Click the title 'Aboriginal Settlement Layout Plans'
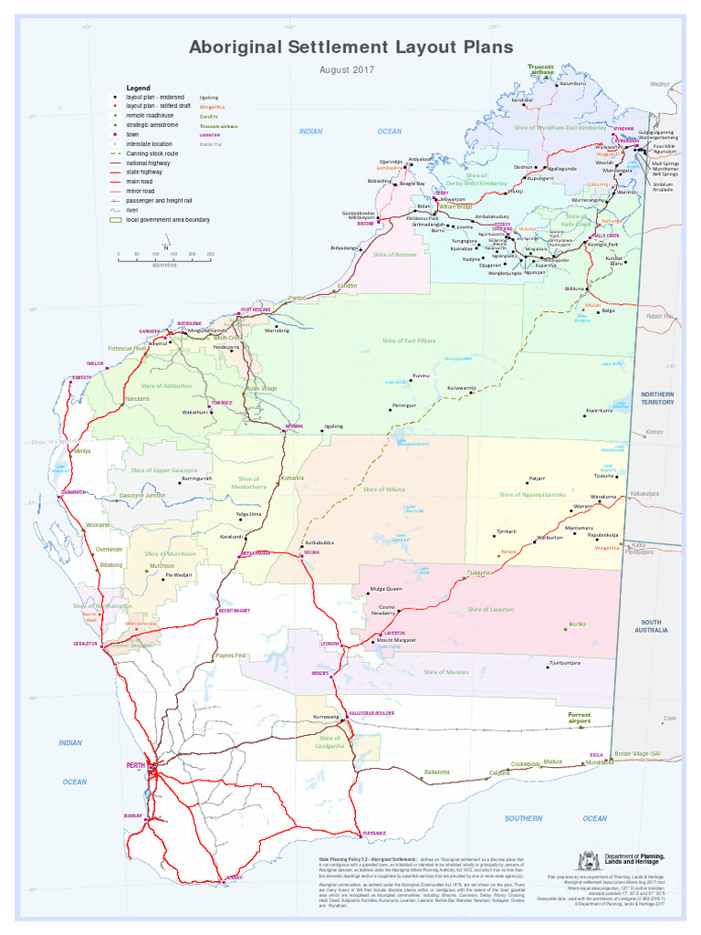pyautogui.click(x=350, y=47)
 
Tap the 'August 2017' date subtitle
pyautogui.click(x=347, y=70)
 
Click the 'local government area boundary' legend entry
pyautogui.click(x=168, y=220)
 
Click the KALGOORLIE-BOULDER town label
pyautogui.click(x=371, y=713)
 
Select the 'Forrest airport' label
pyautogui.click(x=579, y=718)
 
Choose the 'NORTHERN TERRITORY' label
pyautogui.click(x=657, y=397)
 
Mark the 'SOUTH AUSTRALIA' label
pyautogui.click(x=654, y=625)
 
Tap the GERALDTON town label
pyautogui.click(x=85, y=644)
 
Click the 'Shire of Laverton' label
pyautogui.click(x=490, y=609)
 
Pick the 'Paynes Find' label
pyautogui.click(x=230, y=655)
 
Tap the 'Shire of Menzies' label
pyautogui.click(x=445, y=672)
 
